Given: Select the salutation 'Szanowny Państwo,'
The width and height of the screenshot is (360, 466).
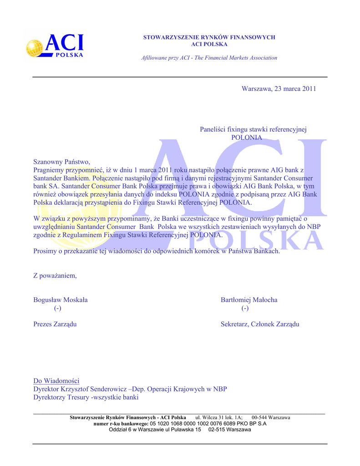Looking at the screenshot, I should coord(62,162).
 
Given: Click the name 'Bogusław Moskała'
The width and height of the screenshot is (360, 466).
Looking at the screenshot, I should coord(61,300).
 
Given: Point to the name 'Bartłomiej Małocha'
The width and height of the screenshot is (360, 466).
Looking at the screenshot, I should coord(249,300).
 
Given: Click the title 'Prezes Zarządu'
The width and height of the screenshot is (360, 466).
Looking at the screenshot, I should coord(55,324).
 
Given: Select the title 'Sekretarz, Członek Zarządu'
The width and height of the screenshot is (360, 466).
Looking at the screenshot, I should coord(260,324).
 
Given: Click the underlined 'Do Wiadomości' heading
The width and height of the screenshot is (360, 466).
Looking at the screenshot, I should coord(56,380).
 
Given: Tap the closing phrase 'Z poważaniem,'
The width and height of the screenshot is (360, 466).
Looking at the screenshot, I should coord(55,275).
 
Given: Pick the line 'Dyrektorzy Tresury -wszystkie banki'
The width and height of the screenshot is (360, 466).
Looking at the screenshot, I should coord(86,397).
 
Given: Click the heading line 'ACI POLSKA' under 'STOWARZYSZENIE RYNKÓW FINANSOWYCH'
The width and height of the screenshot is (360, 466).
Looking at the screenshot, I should coord(209,44).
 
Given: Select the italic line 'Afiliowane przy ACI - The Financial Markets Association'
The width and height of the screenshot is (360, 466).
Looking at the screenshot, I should coord(209,58).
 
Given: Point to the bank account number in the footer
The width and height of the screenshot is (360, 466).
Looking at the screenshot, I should coord(192,424).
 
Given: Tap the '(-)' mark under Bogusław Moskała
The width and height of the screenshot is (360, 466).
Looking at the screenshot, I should coord(57,309).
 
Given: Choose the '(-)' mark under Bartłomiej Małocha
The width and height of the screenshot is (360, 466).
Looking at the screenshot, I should coord(245,309).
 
